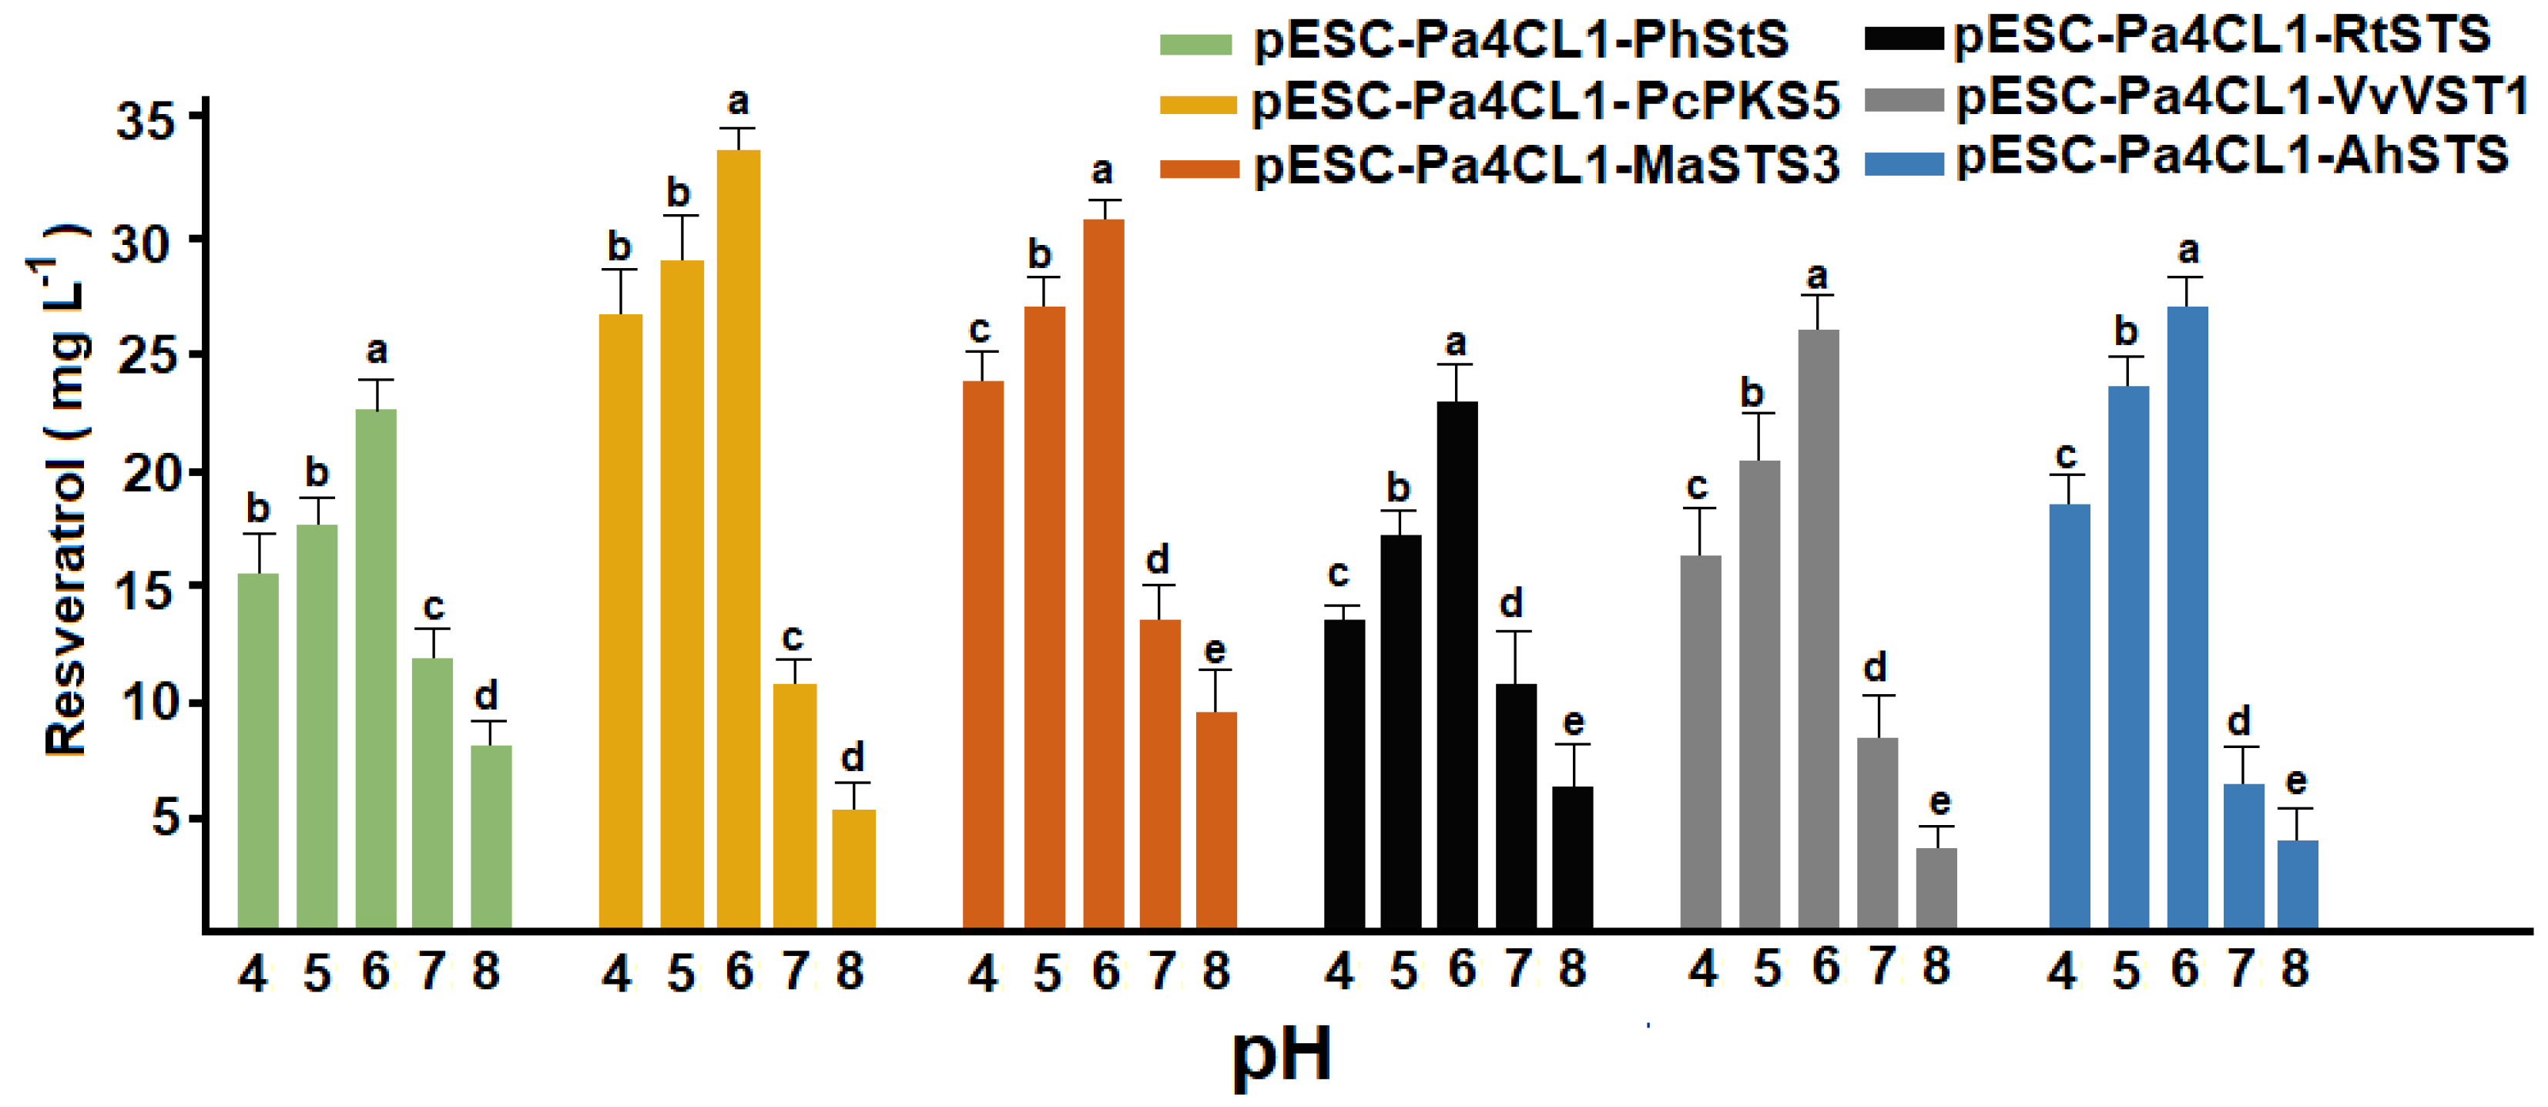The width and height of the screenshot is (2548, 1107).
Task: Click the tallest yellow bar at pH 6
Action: [738, 538]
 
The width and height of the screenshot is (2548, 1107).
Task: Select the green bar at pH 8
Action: [491, 836]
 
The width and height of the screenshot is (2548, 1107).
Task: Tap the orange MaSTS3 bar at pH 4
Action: [982, 653]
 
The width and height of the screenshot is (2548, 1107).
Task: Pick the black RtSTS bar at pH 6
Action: [1457, 663]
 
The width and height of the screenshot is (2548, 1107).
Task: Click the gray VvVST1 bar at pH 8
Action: [1936, 887]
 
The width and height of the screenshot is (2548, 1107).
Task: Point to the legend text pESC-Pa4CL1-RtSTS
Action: [2221, 35]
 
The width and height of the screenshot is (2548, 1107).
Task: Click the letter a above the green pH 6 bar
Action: [376, 351]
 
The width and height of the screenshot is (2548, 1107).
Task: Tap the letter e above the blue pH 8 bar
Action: [2296, 782]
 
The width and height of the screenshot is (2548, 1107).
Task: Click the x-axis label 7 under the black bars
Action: [1517, 969]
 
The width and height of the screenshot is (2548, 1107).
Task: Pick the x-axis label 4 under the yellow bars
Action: [616, 974]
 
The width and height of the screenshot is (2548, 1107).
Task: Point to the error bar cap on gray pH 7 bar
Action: [1876, 696]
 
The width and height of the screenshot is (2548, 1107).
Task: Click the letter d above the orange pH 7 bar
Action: [1157, 560]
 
